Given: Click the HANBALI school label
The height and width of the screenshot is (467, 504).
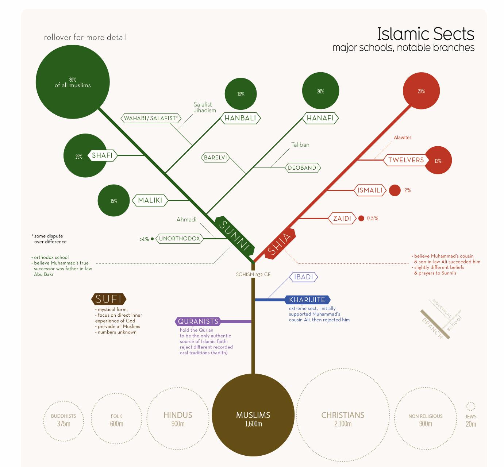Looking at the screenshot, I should click(x=240, y=118).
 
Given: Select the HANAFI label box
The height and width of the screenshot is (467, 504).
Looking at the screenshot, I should click(x=320, y=118).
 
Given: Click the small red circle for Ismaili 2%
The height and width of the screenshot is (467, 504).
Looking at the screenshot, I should click(x=395, y=190).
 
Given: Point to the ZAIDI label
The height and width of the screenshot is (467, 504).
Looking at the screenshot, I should click(x=342, y=219).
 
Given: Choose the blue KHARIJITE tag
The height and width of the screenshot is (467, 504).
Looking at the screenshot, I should click(x=307, y=300).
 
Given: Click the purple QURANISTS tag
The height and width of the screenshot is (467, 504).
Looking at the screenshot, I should click(x=198, y=321).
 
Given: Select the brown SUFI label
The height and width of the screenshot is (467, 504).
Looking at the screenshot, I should click(x=108, y=299).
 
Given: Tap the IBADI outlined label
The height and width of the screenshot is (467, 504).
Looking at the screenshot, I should click(x=304, y=277).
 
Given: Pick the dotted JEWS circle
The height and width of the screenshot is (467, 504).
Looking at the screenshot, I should click(x=471, y=406).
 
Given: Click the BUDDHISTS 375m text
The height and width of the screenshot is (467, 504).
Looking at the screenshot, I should click(x=64, y=420).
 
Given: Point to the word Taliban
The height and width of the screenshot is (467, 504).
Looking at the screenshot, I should click(x=300, y=145).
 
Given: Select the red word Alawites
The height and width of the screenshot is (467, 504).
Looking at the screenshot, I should click(x=403, y=138).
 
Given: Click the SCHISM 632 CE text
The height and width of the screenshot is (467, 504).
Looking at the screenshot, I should click(x=253, y=274).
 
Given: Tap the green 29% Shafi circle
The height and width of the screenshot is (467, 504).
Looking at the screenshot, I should click(x=78, y=157).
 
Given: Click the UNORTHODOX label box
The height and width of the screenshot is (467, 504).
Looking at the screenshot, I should click(x=179, y=239).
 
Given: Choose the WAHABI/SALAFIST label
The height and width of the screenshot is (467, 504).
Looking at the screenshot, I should click(x=151, y=118).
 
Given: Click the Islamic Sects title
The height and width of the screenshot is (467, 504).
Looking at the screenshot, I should click(x=425, y=34).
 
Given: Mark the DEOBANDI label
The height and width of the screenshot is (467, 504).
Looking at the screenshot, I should click(x=303, y=168).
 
